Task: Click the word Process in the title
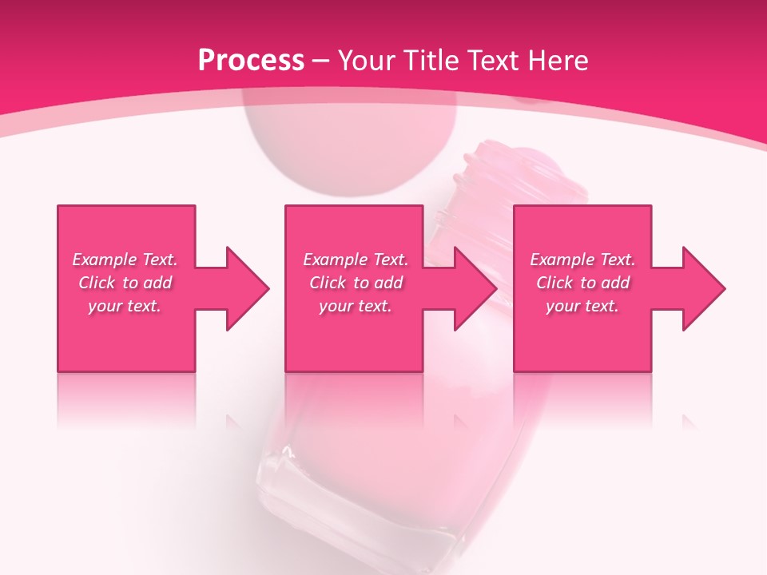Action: pyautogui.click(x=251, y=60)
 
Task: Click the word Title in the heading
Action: pyautogui.click(x=431, y=60)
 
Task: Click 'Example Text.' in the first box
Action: pyautogui.click(x=125, y=260)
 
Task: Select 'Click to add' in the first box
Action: pyautogui.click(x=125, y=283)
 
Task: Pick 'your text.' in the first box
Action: pyautogui.click(x=125, y=306)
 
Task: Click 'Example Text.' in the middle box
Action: pyautogui.click(x=356, y=260)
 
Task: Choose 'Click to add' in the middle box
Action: pyautogui.click(x=356, y=283)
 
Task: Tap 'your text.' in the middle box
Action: pyautogui.click(x=356, y=306)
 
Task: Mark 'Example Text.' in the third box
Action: pyautogui.click(x=582, y=260)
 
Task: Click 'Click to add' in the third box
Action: pyautogui.click(x=582, y=283)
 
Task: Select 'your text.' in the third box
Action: pyautogui.click(x=582, y=306)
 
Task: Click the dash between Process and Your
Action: pyautogui.click(x=321, y=61)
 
